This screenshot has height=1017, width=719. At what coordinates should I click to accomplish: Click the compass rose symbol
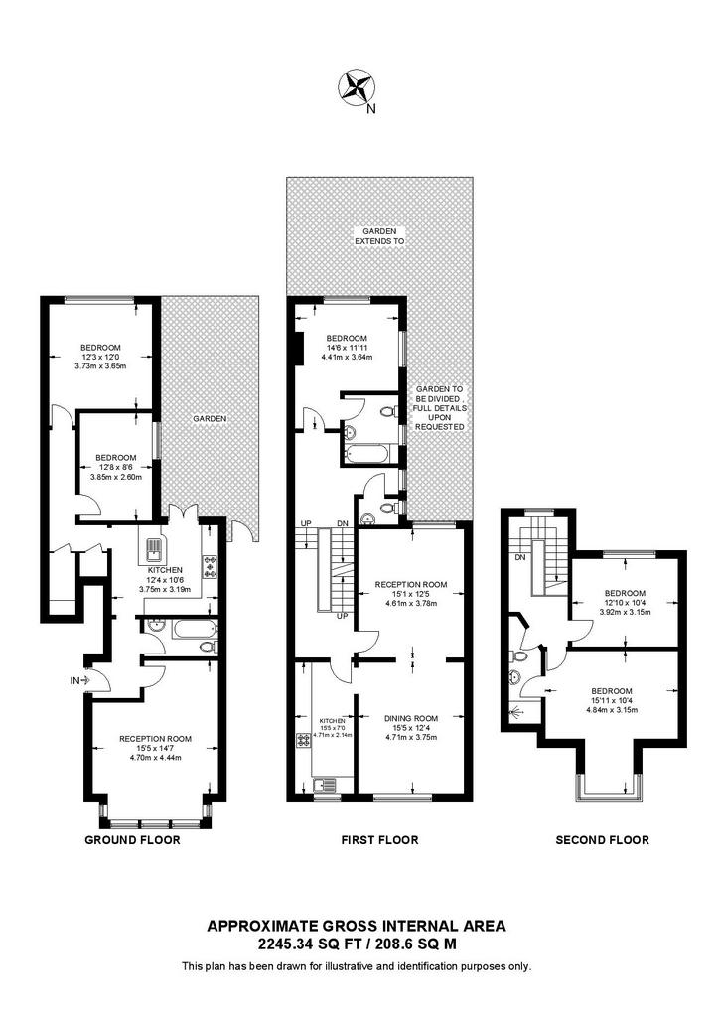coord(356,87)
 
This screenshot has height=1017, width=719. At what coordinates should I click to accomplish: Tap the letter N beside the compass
coord(370,109)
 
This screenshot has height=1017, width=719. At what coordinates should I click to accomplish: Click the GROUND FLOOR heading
coord(132,840)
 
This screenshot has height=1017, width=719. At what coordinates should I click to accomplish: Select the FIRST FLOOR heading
coord(380,840)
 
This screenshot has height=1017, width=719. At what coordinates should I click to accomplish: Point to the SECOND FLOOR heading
coord(602,840)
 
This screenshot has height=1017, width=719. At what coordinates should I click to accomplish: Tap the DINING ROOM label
coord(411,718)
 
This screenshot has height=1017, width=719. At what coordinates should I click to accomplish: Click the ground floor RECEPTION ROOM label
coord(156,739)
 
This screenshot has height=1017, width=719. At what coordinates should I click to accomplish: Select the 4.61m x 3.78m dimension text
coord(411,603)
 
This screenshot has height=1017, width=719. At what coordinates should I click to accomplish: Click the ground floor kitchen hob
coord(211,566)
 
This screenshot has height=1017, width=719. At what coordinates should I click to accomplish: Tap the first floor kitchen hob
coord(303,740)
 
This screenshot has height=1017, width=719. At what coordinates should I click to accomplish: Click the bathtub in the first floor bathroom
coord(368,453)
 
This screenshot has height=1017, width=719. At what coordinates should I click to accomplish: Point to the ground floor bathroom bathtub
coord(194,629)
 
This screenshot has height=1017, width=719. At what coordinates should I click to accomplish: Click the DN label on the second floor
coord(520,557)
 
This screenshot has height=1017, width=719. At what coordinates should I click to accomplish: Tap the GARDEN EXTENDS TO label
coord(379,236)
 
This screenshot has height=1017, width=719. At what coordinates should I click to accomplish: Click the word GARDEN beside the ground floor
coord(210,419)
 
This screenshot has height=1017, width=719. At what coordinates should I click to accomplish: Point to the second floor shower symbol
coord(516,712)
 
